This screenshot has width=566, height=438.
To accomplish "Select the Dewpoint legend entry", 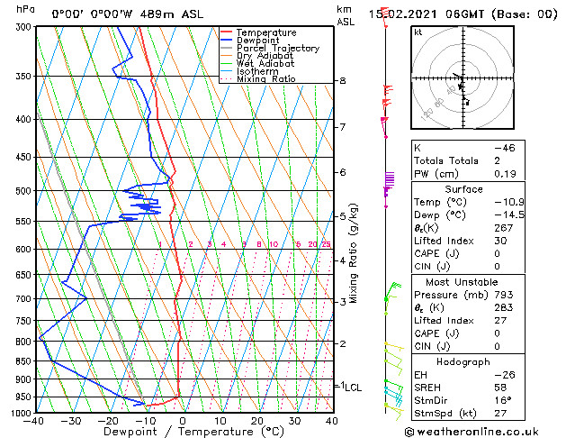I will (259, 41).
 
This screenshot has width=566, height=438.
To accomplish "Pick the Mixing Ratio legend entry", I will (265, 79).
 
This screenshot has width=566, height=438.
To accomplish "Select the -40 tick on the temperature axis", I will (36, 421).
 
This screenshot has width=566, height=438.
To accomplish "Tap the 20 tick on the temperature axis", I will (257, 421).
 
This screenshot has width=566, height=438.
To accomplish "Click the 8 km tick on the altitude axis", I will (343, 81).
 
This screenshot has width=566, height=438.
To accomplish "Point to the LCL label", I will (353, 388).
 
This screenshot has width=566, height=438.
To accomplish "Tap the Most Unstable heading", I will (465, 280).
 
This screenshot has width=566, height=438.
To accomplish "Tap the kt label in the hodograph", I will (418, 32).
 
